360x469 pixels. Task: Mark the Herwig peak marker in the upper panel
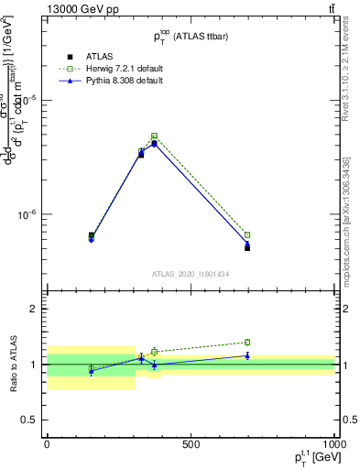pos(154,136)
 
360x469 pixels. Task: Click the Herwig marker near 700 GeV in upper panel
pos(247,235)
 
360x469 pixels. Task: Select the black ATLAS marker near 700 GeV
pos(247,248)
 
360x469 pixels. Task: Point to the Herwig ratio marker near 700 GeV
pos(247,343)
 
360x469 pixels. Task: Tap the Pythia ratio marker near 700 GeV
pos(247,355)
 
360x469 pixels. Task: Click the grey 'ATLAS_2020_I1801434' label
pos(191,274)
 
